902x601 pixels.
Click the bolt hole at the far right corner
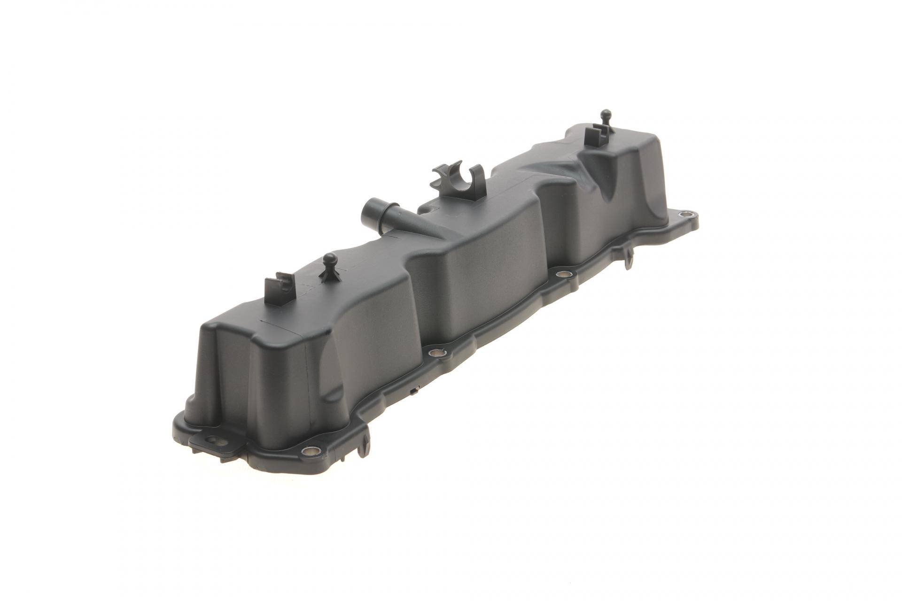click(688, 215)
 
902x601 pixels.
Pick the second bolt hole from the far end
click(561, 274)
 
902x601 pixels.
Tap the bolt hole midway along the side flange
click(435, 352)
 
